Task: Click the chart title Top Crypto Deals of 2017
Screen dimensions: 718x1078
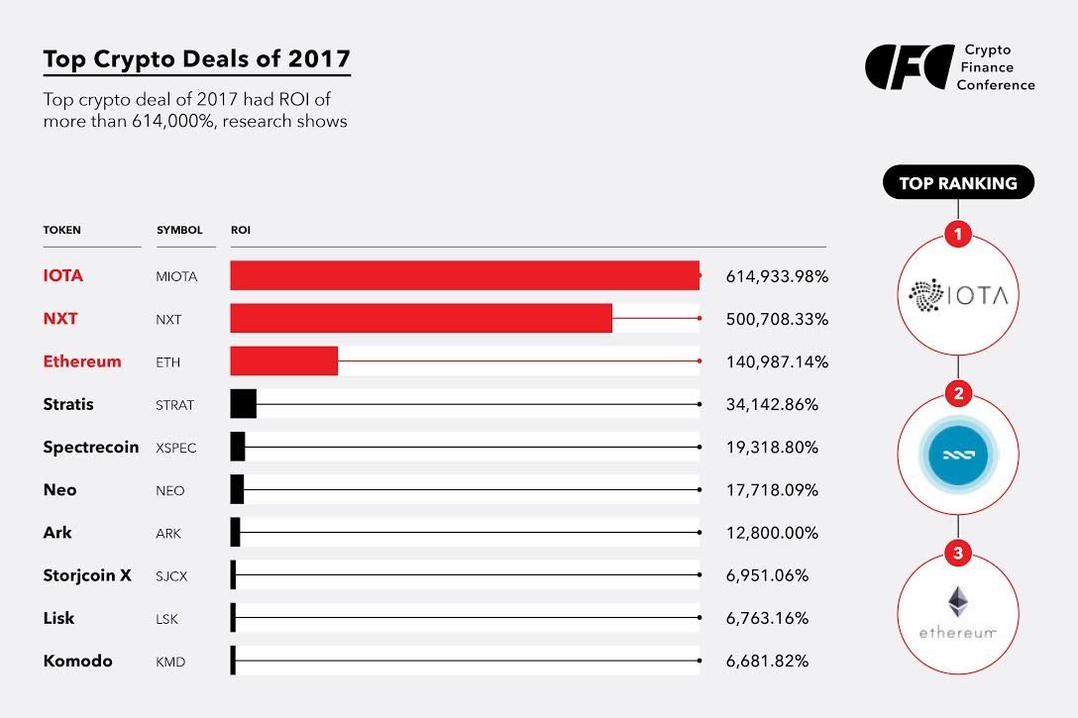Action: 196,59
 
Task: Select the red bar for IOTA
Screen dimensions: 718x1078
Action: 465,275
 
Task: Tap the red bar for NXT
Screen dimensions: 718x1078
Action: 421,318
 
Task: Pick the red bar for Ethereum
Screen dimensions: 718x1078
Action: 284,360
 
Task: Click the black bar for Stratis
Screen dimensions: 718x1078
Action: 243,404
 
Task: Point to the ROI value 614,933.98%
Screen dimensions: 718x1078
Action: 777,276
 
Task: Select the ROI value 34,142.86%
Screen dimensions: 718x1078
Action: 772,404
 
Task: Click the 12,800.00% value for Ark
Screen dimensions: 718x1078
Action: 772,533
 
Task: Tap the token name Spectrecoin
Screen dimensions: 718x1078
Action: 91,447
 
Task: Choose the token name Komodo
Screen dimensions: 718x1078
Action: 78,661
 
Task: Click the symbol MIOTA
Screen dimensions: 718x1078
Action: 176,276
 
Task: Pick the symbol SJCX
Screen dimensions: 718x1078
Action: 172,575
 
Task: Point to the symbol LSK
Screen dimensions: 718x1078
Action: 168,618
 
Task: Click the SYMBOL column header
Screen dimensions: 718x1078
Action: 179,230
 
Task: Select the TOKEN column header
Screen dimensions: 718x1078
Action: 62,230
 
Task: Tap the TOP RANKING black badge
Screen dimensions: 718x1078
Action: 957,183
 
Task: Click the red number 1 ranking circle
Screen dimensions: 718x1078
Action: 957,235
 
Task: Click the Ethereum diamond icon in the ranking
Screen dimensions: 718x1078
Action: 957,601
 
